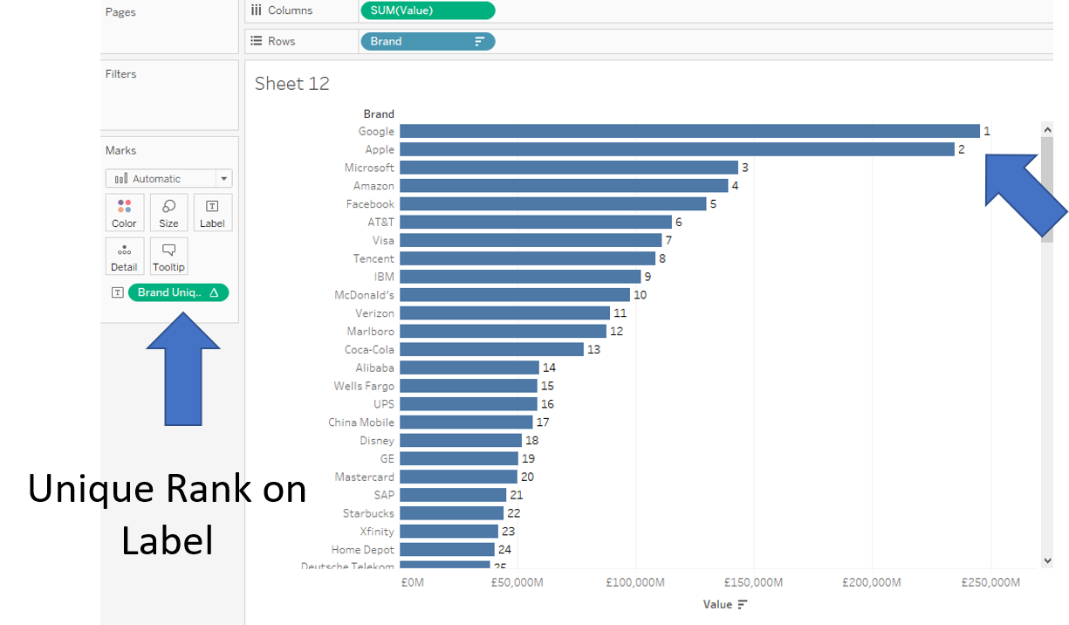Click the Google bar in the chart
point(689,131)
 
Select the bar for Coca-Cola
point(491,349)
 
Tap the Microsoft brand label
point(369,168)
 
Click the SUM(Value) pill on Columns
point(427,10)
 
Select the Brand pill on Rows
point(427,41)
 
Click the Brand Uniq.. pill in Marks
point(178,292)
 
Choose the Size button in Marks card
point(168,213)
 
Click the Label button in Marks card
point(212,213)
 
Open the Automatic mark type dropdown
point(168,178)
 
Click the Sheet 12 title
point(292,84)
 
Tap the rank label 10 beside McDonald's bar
point(640,295)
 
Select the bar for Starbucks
point(451,513)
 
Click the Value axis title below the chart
point(718,604)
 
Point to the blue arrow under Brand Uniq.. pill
point(183,371)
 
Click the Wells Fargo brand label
point(364,386)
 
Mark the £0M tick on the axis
point(412,582)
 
